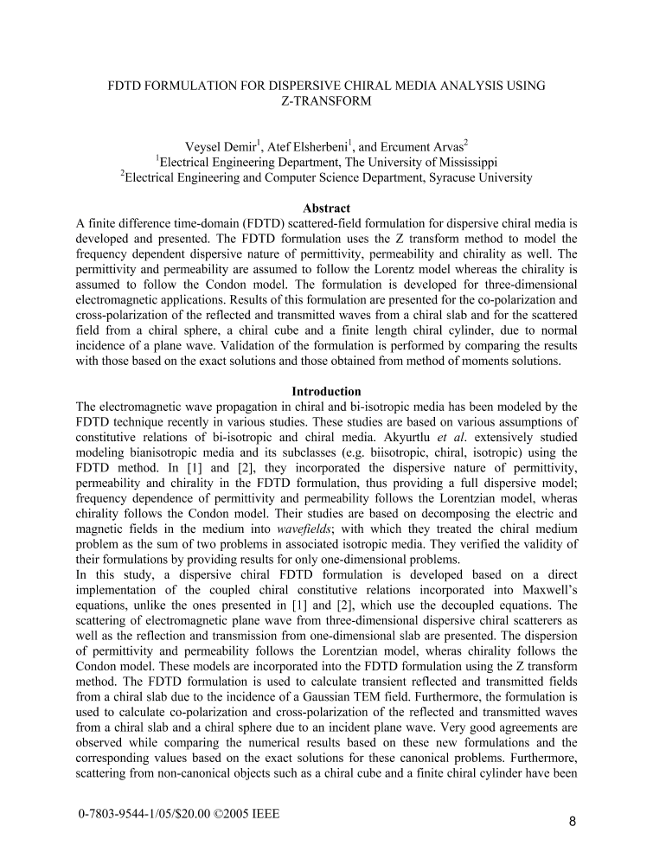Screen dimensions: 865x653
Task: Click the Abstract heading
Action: (x=326, y=208)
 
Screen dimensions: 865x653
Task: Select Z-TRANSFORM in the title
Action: (x=326, y=100)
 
